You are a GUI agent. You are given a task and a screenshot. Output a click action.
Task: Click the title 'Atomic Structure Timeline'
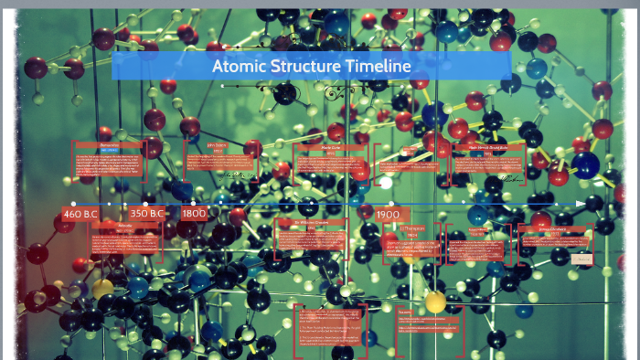[311, 66]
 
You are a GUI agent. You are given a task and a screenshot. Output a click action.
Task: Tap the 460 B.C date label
[80, 214]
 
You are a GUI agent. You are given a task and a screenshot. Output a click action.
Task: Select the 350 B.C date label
[146, 214]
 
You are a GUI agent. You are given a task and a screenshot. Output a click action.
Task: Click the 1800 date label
[194, 214]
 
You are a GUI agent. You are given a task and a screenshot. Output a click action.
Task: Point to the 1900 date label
[388, 214]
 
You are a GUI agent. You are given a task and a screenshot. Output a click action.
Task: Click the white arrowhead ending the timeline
[581, 203]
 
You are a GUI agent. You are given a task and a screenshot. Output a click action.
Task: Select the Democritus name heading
[110, 144]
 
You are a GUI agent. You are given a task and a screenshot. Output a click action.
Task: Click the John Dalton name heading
[217, 143]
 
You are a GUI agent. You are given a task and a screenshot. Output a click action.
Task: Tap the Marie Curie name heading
[329, 146]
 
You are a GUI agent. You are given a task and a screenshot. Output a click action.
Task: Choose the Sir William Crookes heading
[311, 222]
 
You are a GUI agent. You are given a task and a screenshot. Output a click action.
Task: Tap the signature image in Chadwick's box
[581, 259]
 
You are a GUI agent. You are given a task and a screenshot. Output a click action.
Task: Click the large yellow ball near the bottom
[435, 302]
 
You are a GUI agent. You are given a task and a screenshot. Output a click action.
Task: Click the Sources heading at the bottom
[406, 311]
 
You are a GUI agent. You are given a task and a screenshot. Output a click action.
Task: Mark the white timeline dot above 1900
[388, 203]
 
